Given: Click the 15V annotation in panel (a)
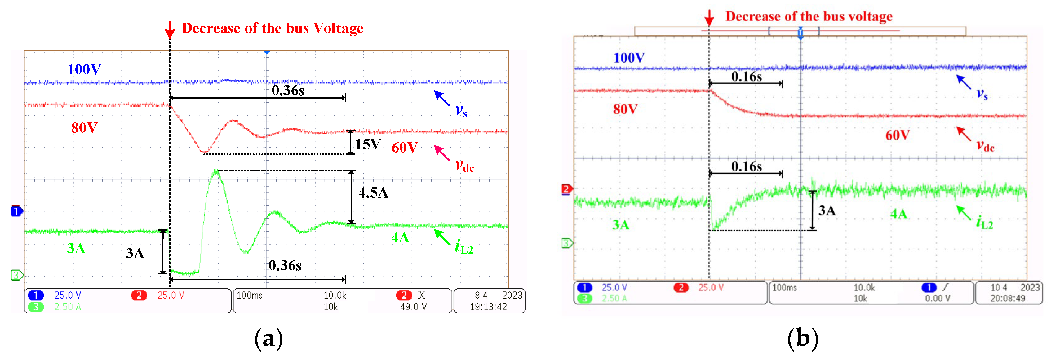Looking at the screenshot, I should coord(368,144).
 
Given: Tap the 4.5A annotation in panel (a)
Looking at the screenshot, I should coord(373,193).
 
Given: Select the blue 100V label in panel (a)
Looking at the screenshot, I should coord(84,69).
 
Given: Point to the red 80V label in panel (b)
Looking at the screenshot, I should coord(625,109).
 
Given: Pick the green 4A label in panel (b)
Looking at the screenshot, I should coord(898,214).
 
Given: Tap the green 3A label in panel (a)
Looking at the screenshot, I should coord(76,249).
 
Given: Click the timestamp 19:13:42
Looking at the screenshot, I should coord(488,307).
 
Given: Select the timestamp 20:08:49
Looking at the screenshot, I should coord(1007,298).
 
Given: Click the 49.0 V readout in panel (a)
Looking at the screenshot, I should coord(413,307).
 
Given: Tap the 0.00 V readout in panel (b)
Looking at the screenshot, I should coord(937,298).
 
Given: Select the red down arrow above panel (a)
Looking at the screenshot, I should coord(170,30).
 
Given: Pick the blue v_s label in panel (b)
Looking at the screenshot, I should coord(982,94).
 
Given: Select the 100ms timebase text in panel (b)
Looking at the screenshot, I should coord(784,288).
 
